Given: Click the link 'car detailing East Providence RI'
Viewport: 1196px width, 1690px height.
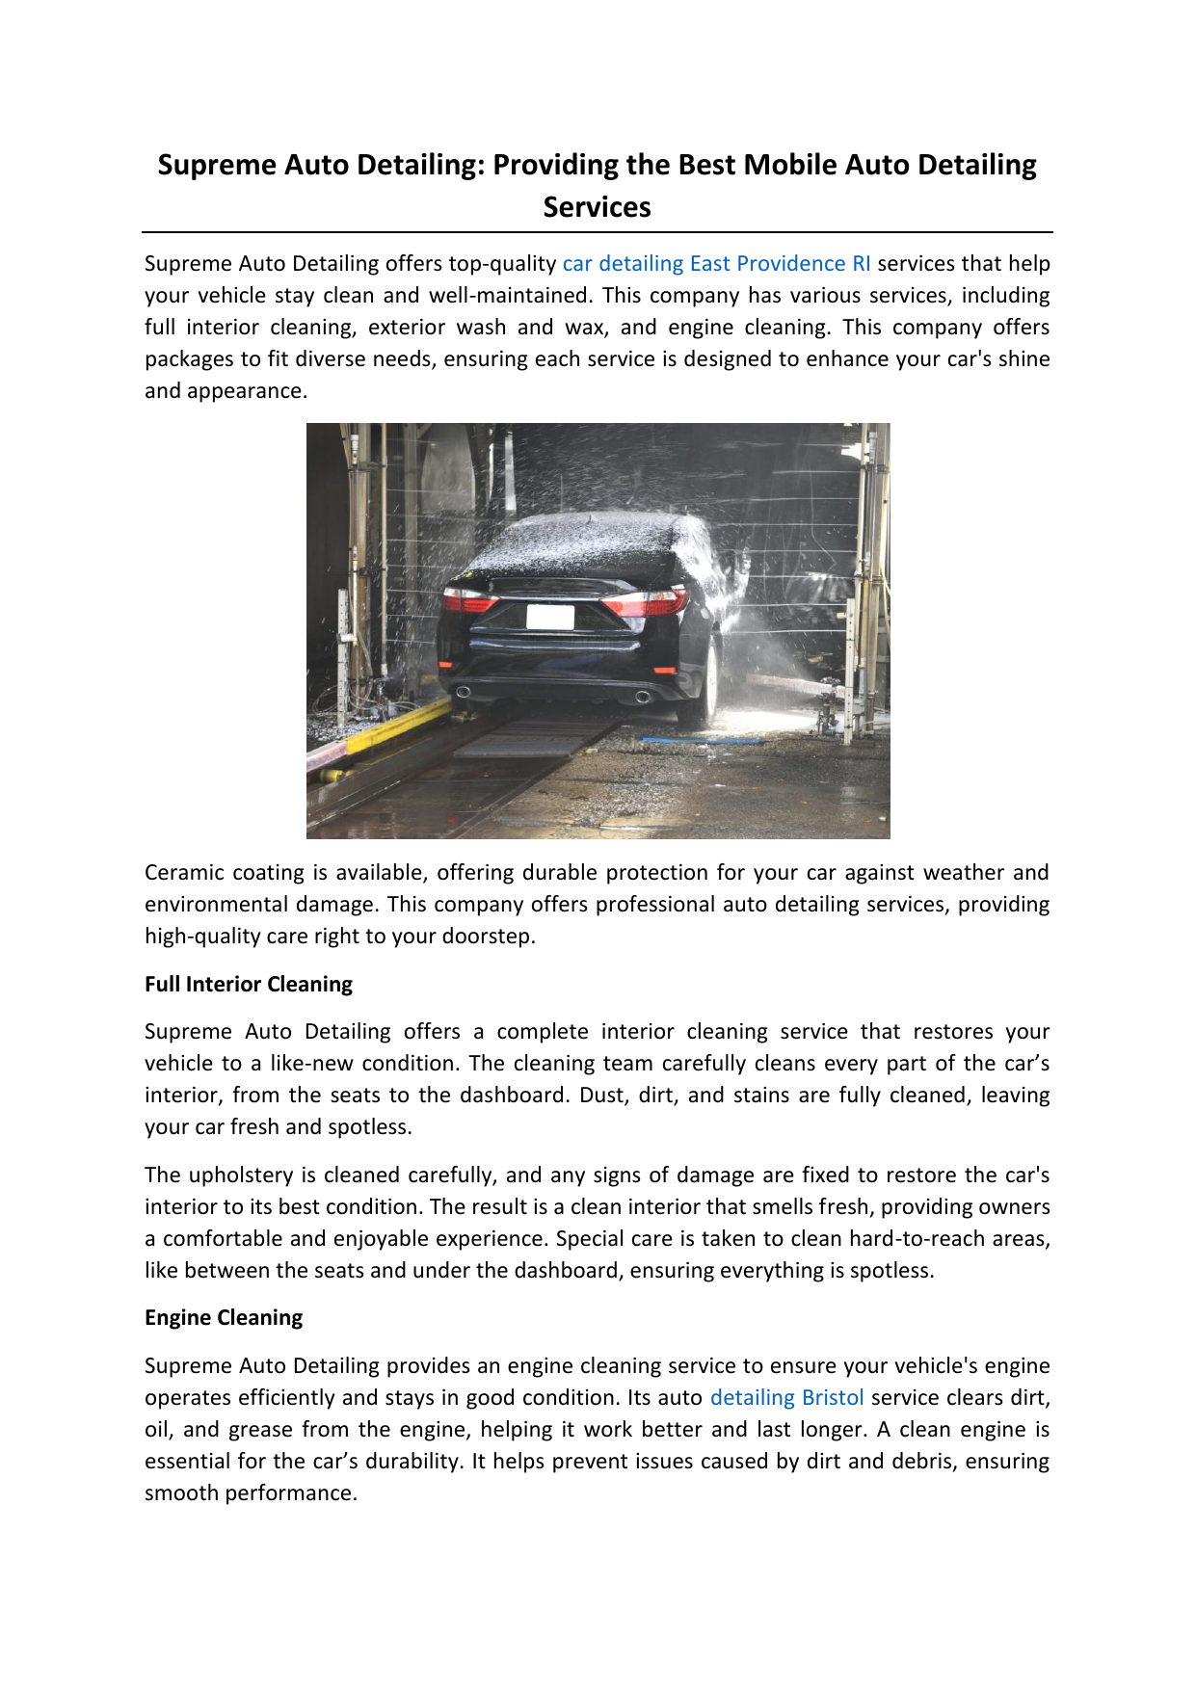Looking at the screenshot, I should coord(716,264).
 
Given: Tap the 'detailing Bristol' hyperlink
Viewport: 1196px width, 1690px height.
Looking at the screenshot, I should coord(786,1398).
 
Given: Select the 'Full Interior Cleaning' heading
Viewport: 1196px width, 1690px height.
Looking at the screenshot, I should coord(249,985).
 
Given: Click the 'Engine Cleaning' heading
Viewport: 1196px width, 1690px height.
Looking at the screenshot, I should coord(224,1318).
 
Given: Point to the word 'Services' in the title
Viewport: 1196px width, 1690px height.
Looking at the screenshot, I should coord(597,207).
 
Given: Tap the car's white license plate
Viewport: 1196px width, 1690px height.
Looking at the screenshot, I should coord(550,617).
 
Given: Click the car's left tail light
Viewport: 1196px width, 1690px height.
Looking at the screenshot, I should coord(468,602).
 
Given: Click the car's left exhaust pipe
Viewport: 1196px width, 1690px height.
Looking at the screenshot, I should coord(464,692).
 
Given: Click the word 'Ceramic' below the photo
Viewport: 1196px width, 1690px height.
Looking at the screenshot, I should coord(183,873).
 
